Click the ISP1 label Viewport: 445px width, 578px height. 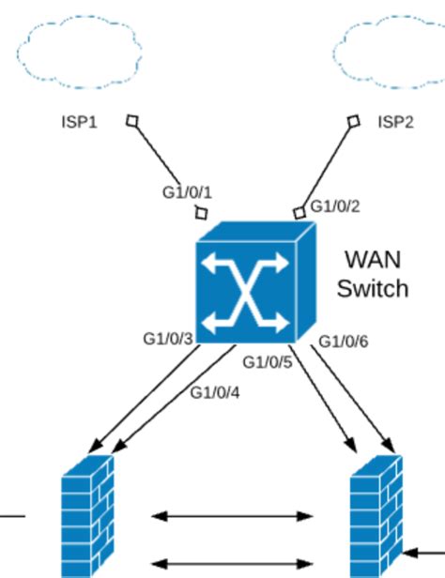pos(80,122)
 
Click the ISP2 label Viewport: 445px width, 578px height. pos(395,122)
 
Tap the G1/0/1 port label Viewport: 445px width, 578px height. pos(187,192)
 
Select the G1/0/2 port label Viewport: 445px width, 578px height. pos(335,206)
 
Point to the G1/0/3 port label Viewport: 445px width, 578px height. pos(168,339)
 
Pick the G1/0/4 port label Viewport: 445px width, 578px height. pos(215,393)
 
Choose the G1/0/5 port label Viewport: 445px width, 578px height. pos(268,362)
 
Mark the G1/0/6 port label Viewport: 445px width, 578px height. pos(344,342)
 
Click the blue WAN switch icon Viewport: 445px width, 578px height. pos(256,282)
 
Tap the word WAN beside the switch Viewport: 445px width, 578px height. pos(373,260)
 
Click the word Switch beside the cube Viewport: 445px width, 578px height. pos(373,288)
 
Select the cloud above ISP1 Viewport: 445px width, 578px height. pos(79,52)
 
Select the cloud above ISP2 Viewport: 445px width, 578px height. pos(390,52)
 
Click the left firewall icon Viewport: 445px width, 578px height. pos(87,516)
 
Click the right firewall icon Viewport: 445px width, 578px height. pos(376,516)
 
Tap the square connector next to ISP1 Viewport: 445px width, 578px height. pos(132,121)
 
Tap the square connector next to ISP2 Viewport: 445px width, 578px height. pos(354,121)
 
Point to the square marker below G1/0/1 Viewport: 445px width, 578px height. pos(201,213)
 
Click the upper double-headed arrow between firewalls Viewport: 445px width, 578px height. pos(232,516)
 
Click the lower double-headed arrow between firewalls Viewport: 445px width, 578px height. pos(232,564)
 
